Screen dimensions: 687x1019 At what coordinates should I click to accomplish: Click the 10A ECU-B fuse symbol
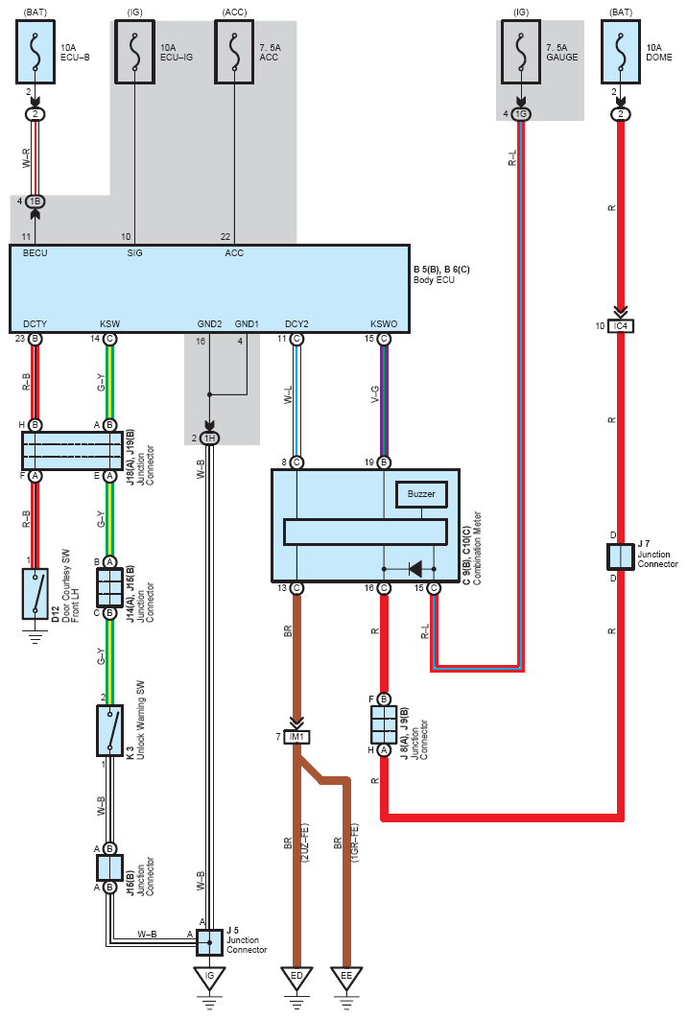click(x=36, y=52)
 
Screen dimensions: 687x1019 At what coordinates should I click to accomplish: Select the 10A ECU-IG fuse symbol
click(x=134, y=52)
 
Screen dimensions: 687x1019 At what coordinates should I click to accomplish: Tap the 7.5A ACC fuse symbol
click(x=235, y=52)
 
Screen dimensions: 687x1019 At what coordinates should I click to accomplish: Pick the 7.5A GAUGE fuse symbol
click(x=521, y=52)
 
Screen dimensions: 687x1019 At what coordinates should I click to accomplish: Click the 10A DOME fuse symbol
click(x=621, y=52)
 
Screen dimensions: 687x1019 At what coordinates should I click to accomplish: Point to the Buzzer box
click(x=421, y=494)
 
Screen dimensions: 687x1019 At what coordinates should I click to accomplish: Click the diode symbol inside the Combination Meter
click(x=415, y=569)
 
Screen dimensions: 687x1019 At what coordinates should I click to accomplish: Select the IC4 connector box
click(x=621, y=325)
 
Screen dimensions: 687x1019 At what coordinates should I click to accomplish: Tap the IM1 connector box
click(x=297, y=737)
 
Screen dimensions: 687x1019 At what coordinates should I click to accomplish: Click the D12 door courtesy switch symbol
click(x=36, y=593)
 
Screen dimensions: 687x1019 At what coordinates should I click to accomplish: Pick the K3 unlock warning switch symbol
click(x=109, y=730)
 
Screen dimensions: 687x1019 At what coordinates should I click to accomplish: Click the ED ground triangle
click(x=297, y=978)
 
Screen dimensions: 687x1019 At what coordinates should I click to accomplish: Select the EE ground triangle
click(x=346, y=978)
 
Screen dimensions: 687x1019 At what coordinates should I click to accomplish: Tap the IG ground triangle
click(x=209, y=978)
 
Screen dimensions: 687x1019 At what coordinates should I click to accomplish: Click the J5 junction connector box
click(x=209, y=942)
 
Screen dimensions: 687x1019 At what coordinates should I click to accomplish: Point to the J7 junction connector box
click(x=620, y=557)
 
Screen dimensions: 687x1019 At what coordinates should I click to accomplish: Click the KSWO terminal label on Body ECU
click(x=384, y=323)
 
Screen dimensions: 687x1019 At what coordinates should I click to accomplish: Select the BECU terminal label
click(x=36, y=252)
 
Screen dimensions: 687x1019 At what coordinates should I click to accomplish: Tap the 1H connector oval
click(x=209, y=438)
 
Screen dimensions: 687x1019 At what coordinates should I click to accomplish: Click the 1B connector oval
click(x=36, y=201)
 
